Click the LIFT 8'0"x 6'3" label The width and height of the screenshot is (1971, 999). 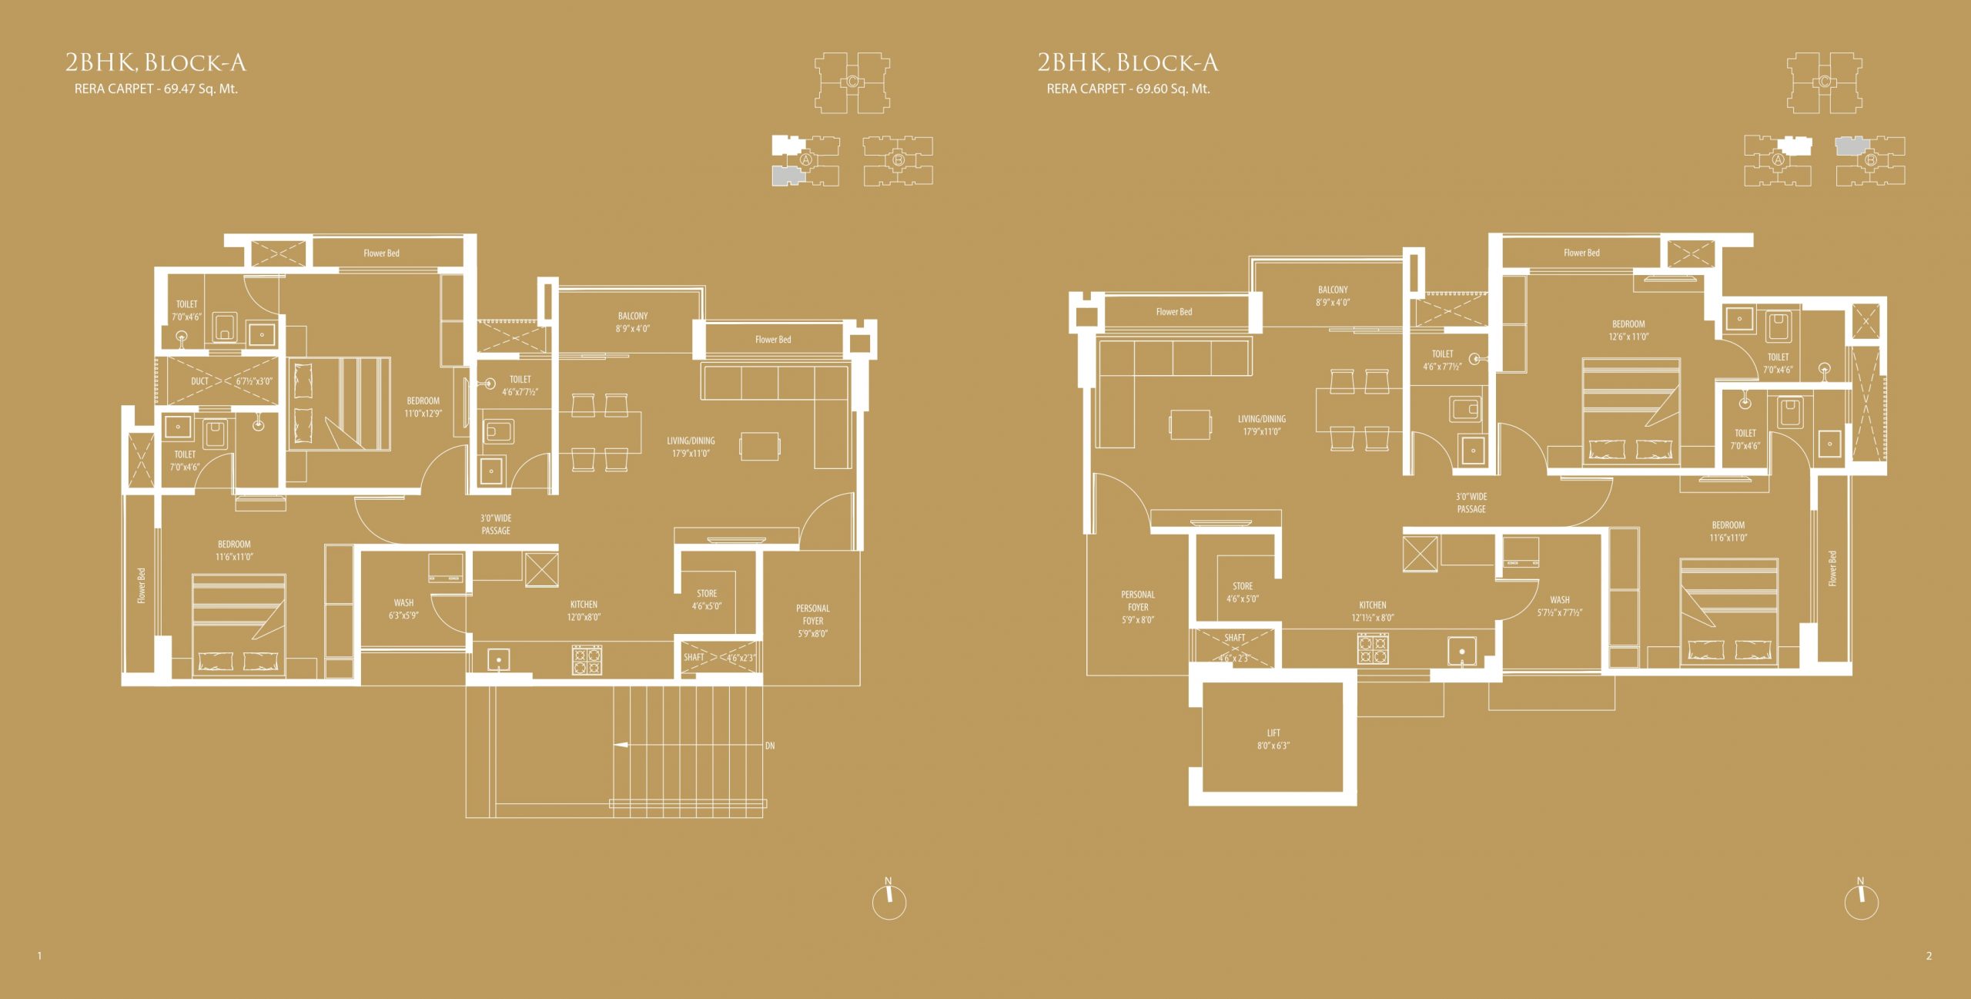pos(1273,739)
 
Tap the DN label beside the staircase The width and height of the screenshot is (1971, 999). pos(770,746)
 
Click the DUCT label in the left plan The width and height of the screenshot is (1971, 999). pos(199,381)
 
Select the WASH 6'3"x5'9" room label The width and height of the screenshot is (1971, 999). pos(403,609)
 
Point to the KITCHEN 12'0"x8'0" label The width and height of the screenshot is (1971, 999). pos(584,611)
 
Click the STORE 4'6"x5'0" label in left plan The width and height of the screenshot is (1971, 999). pos(707,599)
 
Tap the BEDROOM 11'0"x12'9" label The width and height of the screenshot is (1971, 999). pos(423,407)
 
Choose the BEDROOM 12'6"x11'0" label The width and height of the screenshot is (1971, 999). pos(1628,330)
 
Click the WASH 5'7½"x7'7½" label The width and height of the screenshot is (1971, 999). pos(1560,606)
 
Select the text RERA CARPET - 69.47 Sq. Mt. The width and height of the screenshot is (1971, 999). pos(156,89)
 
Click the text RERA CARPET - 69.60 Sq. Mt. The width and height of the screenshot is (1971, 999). pos(1128,89)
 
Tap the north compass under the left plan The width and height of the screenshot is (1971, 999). pos(889,899)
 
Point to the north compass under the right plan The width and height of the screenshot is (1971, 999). pos(1862,899)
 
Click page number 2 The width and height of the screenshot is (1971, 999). pos(1929,956)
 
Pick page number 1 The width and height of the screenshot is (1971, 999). pos(39,956)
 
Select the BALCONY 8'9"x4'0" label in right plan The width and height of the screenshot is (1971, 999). pos(1333,297)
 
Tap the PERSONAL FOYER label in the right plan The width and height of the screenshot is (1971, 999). pos(1138,607)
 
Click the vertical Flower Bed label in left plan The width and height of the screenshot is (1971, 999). pos(142,586)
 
